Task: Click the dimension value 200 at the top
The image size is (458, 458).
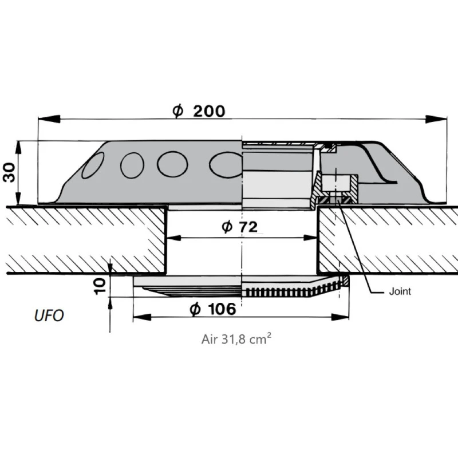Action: tap(209, 111)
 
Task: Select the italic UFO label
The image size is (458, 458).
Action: tap(48, 315)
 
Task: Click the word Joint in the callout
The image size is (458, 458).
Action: tap(400, 291)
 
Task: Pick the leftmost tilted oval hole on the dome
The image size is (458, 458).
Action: tap(93, 165)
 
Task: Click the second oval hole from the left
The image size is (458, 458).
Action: tap(132, 165)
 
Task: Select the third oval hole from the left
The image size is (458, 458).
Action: tap(172, 164)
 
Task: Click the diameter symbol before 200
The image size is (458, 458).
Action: tap(178, 111)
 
